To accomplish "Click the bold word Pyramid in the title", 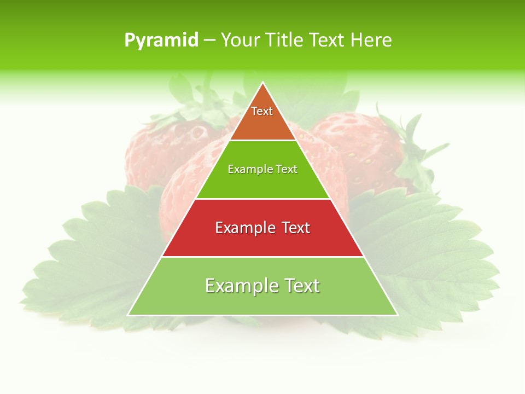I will pyautogui.click(x=161, y=40).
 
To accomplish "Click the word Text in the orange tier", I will pyautogui.click(x=262, y=111).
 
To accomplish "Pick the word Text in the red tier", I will pyautogui.click(x=295, y=228).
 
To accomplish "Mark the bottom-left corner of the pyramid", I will pyautogui.click(x=128, y=315).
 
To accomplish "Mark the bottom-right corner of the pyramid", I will pyautogui.click(x=398, y=315).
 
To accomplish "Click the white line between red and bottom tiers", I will pyautogui.click(x=263, y=257).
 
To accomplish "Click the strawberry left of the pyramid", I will pyautogui.click(x=159, y=153).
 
